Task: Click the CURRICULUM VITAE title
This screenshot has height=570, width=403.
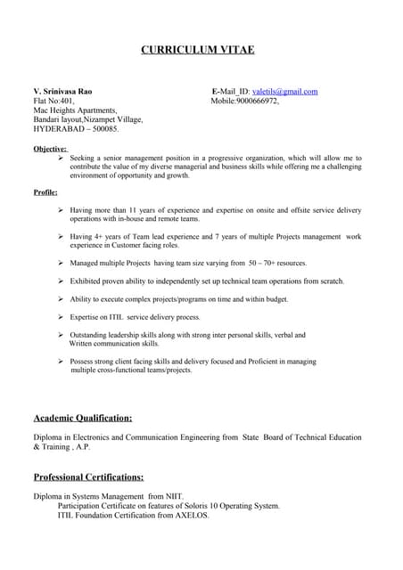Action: (x=198, y=49)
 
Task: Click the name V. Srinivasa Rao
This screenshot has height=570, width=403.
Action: (x=62, y=92)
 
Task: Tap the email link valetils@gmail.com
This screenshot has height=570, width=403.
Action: (x=285, y=92)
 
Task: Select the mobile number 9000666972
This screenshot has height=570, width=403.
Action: (x=257, y=102)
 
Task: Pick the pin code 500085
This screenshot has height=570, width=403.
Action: (x=103, y=129)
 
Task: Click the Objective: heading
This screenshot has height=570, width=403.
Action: (x=50, y=149)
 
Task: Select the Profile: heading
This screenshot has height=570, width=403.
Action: (x=45, y=191)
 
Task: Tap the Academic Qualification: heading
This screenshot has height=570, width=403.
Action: (x=83, y=417)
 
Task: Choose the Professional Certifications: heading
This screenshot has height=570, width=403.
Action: (x=88, y=476)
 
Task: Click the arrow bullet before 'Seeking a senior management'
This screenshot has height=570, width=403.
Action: (x=61, y=158)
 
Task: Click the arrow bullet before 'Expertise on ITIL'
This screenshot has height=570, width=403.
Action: (x=61, y=317)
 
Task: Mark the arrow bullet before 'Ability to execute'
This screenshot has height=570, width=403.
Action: (x=61, y=299)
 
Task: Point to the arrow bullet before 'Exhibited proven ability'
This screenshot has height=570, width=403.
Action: (x=61, y=281)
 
